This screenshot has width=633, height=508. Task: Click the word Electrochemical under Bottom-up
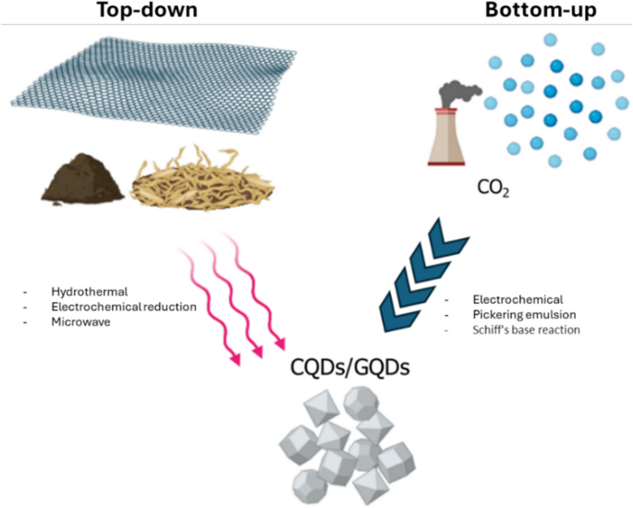coord(505,300)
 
